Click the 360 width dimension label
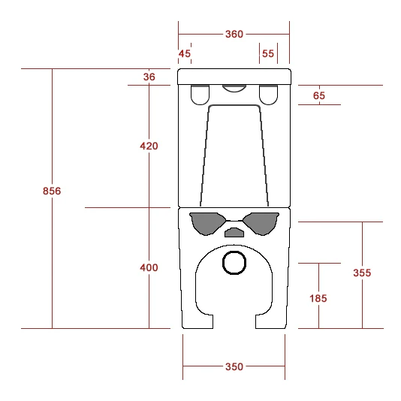pyautogui.click(x=234, y=35)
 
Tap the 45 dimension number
pyautogui.click(x=185, y=54)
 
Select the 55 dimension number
pyautogui.click(x=268, y=54)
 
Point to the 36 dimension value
pyautogui.click(x=149, y=77)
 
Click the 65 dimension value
pyautogui.click(x=319, y=95)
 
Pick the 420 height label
pyautogui.click(x=149, y=146)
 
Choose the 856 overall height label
pyautogui.click(x=52, y=191)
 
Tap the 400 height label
pyautogui.click(x=149, y=268)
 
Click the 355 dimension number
pyautogui.click(x=362, y=273)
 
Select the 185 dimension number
pyautogui.click(x=318, y=298)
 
